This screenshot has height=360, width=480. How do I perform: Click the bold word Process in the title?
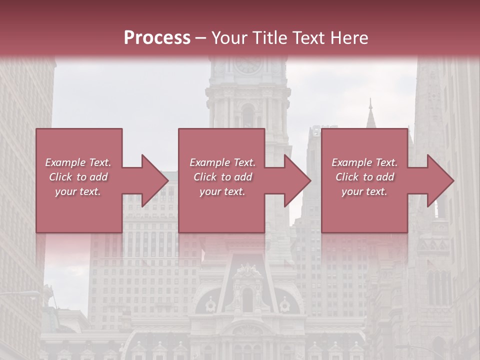(157, 38)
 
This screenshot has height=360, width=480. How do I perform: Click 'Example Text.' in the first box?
(78, 162)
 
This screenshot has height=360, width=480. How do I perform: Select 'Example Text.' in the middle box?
(222, 162)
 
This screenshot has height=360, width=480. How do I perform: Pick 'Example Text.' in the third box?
(364, 162)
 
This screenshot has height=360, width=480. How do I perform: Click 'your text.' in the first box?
(78, 191)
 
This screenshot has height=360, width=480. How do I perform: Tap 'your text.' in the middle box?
(222, 191)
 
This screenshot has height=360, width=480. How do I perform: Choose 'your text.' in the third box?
(364, 191)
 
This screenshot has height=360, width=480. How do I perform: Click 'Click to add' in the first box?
(78, 177)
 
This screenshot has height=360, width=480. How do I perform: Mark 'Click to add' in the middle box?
(222, 177)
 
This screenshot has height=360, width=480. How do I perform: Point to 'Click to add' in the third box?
(364, 177)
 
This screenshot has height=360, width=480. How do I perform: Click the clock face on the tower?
(248, 64)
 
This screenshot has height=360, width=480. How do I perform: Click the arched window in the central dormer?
(247, 299)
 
